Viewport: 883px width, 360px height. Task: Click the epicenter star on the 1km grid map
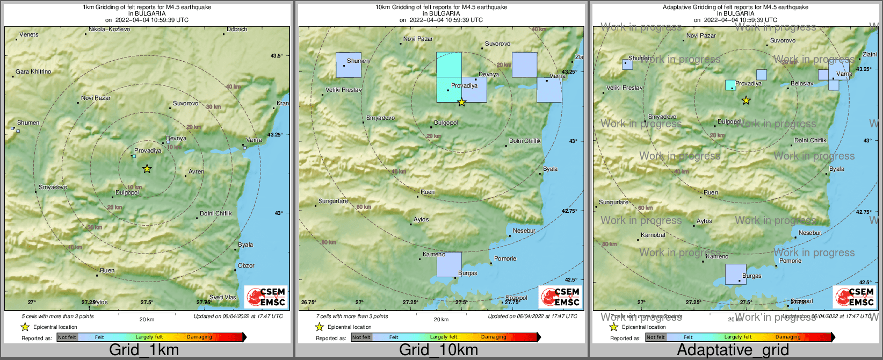147,169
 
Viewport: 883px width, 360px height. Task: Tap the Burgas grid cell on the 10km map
449,264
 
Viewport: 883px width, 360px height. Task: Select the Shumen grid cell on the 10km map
348,65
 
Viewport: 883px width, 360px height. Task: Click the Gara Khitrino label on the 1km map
33,71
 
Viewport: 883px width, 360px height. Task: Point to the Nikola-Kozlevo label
109,29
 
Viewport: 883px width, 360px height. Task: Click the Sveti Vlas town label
222,297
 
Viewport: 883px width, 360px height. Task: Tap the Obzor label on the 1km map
246,265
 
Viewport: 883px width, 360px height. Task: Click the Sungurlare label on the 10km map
333,201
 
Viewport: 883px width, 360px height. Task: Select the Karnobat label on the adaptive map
653,235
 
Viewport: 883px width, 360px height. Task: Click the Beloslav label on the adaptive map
802,83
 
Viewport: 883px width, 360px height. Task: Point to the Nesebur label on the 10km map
524,231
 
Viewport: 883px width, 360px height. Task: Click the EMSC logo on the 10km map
560,297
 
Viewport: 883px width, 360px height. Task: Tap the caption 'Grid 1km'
144,350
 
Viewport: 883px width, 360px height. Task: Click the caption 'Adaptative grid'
733,350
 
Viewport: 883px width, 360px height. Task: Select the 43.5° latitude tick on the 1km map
277,55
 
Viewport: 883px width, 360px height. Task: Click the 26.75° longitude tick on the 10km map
308,302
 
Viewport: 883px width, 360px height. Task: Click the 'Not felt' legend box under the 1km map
67,337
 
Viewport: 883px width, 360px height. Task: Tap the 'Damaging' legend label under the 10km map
493,337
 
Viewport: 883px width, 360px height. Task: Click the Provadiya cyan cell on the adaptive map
730,85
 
